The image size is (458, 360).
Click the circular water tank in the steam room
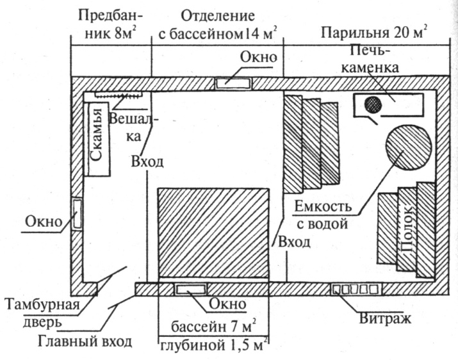coord(407,149)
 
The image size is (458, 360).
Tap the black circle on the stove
coord(372,103)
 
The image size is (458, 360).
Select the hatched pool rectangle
coord(213,234)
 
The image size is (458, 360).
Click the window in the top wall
coord(234,82)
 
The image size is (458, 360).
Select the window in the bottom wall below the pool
coord(191,289)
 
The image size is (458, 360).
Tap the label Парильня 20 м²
coord(375,32)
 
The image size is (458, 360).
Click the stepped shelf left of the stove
coord(311,144)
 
